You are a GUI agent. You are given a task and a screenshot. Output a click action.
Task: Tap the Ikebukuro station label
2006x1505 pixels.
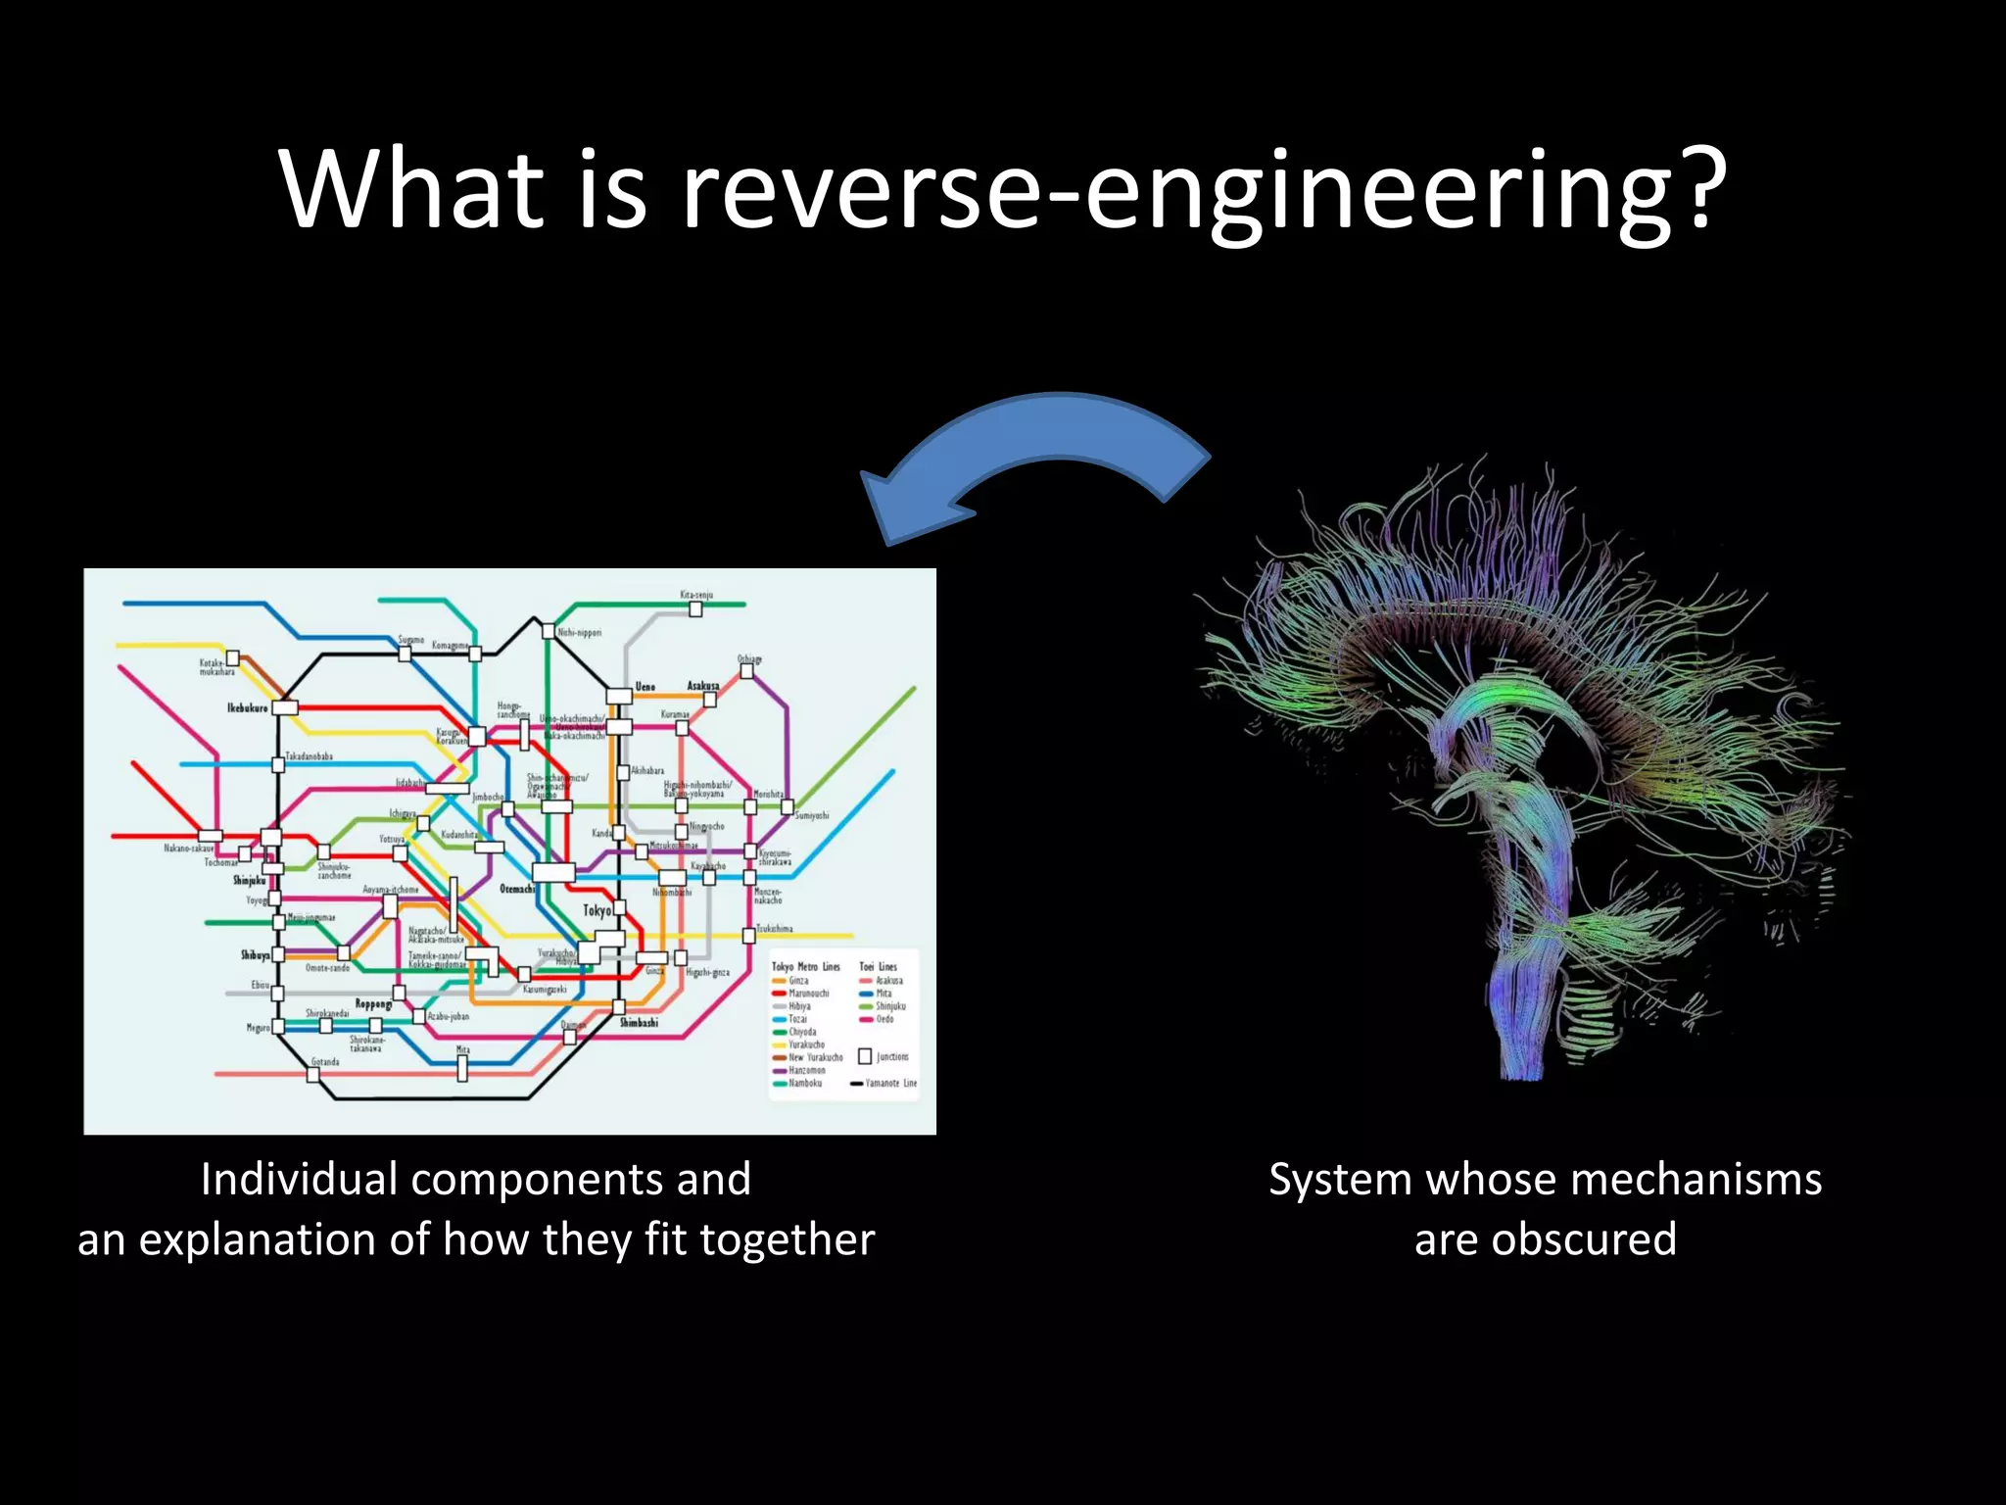pos(247,707)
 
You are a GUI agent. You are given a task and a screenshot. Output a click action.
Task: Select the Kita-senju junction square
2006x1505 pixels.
pos(695,609)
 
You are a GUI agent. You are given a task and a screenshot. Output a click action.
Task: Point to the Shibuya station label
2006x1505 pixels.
pos(255,954)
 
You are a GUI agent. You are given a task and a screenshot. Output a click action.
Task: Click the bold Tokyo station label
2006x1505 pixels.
pos(597,910)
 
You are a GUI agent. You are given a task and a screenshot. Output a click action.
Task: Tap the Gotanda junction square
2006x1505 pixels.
pos(313,1075)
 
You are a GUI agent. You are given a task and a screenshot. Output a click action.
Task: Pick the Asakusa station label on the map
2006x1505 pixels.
pos(702,686)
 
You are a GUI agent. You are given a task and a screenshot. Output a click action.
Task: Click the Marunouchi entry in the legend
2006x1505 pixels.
pos(808,993)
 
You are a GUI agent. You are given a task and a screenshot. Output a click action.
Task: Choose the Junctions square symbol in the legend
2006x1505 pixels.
pos(865,1056)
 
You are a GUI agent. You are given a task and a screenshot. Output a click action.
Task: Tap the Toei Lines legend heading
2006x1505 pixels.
pos(878,966)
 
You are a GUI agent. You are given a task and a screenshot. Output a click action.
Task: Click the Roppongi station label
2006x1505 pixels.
pos(373,1004)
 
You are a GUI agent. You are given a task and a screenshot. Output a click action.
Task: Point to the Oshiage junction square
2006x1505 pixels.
pos(746,672)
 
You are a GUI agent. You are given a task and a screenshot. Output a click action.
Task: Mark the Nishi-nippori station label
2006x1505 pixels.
pos(580,633)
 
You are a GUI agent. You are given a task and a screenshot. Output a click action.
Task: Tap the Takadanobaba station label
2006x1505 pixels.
pos(309,756)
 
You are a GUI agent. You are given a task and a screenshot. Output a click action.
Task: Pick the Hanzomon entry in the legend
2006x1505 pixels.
pos(806,1070)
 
